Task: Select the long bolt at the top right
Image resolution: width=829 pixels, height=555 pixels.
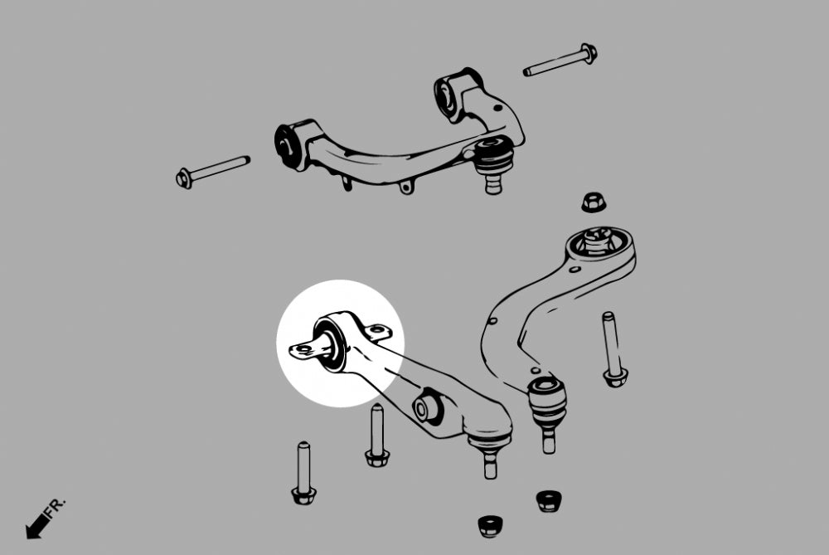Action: (x=560, y=61)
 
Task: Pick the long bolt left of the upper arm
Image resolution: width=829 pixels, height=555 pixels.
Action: (x=213, y=168)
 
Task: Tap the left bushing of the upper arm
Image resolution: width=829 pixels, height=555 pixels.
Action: (x=289, y=143)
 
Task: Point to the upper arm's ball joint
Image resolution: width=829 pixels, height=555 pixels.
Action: (x=495, y=158)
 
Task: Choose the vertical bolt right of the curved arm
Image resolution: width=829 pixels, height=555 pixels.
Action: (x=612, y=348)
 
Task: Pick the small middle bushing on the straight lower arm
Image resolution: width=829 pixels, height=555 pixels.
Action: (x=429, y=405)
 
